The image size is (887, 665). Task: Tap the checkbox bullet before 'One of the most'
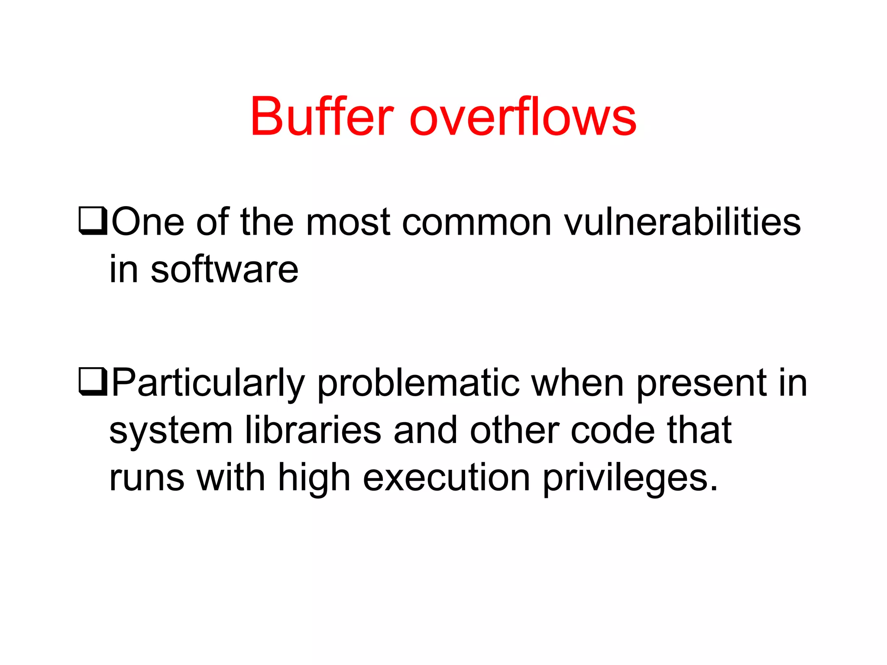tap(92, 221)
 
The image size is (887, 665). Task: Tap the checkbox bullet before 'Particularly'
tap(92, 382)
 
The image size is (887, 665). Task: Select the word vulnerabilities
tap(682, 222)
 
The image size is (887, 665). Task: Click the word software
tap(224, 269)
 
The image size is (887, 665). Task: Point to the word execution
tap(447, 478)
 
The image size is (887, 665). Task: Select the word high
tap(314, 479)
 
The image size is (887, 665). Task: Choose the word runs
tap(147, 479)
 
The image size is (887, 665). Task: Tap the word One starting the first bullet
tap(148, 222)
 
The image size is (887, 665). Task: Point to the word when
tap(578, 383)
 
